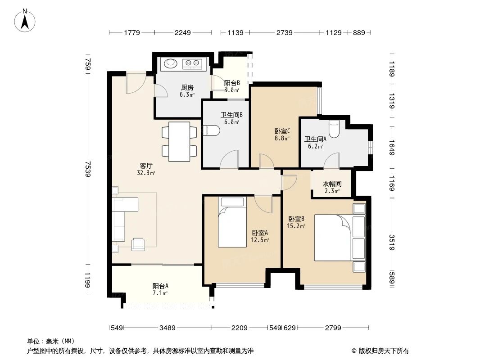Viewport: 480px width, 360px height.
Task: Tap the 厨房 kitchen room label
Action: click(x=187, y=88)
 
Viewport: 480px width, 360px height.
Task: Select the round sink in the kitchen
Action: click(x=171, y=63)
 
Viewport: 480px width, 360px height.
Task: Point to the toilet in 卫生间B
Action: click(x=211, y=130)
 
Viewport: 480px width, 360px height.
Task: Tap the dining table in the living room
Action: click(x=179, y=141)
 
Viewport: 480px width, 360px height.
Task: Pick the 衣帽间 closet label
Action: click(x=332, y=184)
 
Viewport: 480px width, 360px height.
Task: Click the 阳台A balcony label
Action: click(x=160, y=286)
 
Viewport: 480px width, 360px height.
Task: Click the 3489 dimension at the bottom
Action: click(x=168, y=328)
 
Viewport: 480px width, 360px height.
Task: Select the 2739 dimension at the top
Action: click(x=284, y=32)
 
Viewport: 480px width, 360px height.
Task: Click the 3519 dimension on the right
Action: click(x=392, y=243)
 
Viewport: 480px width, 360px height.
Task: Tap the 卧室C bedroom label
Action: click(x=282, y=131)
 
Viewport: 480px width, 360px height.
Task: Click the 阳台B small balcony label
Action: click(x=232, y=83)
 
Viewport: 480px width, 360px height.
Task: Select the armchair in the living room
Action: click(x=138, y=244)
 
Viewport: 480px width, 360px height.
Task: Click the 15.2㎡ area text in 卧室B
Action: click(x=296, y=226)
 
